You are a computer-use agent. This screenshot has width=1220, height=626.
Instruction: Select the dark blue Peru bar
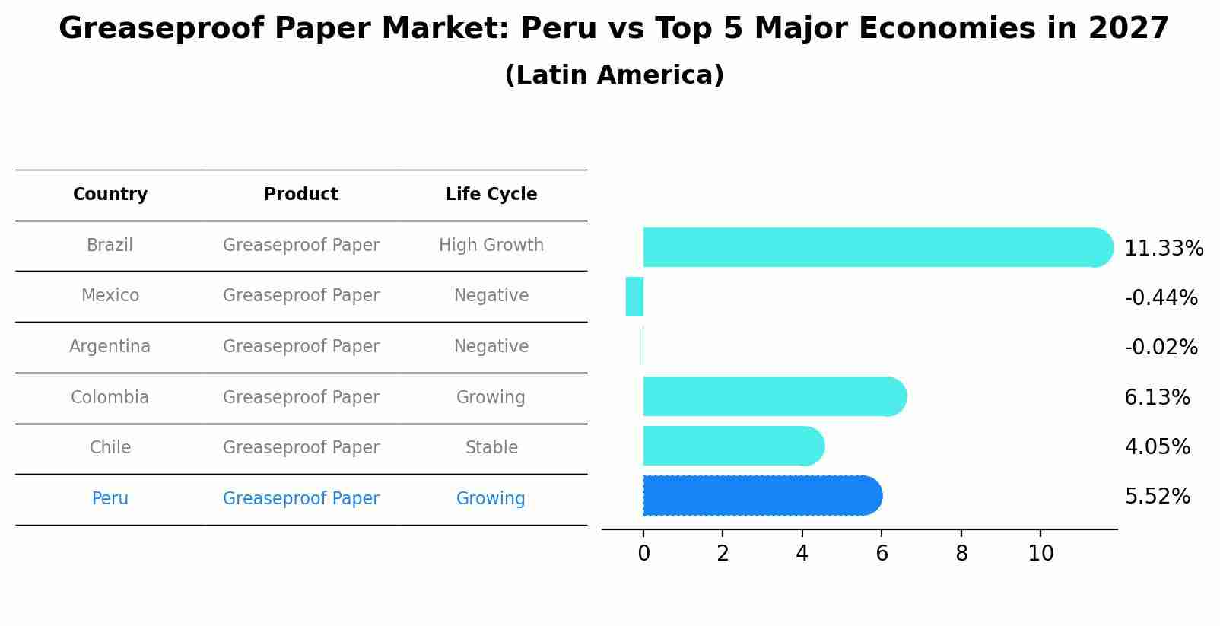(x=761, y=496)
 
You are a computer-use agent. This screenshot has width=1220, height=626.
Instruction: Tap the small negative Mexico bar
(x=634, y=297)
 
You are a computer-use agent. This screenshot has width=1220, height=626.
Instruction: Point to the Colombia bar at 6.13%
(x=772, y=396)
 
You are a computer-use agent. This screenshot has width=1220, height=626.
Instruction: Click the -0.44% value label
(x=1161, y=297)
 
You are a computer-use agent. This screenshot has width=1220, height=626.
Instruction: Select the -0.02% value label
(x=1161, y=348)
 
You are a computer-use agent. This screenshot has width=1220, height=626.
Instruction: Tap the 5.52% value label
(x=1157, y=497)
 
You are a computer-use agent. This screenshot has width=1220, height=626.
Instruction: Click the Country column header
(x=110, y=195)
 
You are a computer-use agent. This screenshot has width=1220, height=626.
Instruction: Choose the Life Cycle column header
(x=491, y=195)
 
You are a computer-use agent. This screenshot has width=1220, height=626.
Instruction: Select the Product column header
(x=301, y=195)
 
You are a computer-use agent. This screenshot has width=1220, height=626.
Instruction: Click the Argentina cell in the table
(x=110, y=347)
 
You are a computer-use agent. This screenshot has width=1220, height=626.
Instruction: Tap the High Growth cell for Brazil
(x=491, y=246)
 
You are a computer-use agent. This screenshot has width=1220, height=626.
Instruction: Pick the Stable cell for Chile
(x=491, y=448)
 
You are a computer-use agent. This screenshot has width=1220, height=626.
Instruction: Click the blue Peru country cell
(x=110, y=499)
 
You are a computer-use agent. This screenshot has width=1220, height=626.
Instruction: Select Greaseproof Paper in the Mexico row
(x=301, y=296)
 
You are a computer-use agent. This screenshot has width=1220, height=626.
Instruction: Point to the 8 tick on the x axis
(x=961, y=554)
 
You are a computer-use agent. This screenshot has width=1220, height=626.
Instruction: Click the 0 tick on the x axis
(x=643, y=554)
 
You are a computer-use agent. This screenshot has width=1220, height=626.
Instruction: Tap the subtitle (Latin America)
(x=614, y=75)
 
